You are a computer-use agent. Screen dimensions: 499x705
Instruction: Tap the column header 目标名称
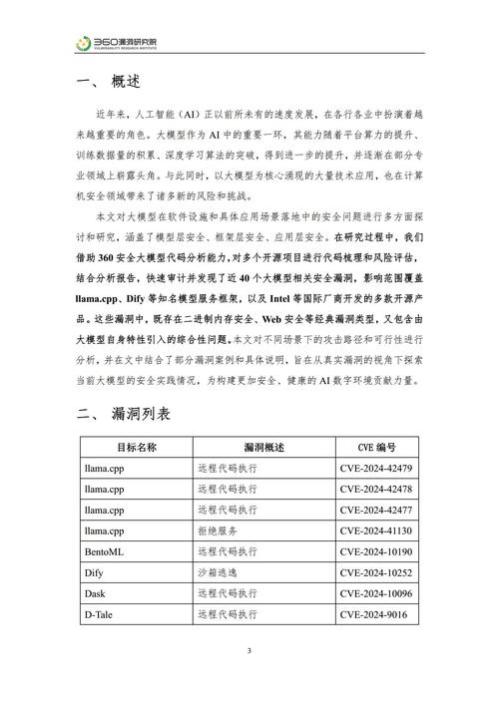tap(136, 448)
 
